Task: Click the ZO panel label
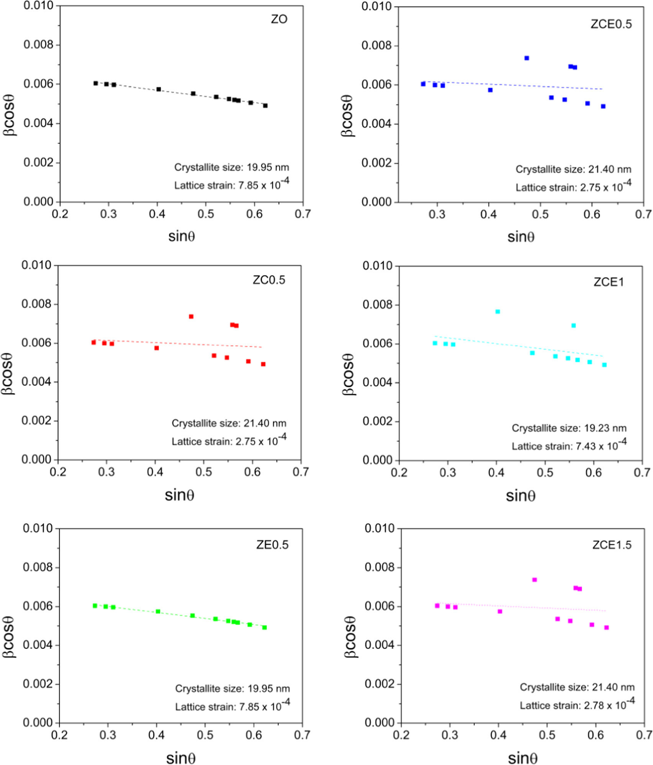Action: point(279,19)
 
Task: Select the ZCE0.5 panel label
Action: point(611,24)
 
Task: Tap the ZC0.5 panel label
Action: point(269,280)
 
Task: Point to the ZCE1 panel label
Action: point(609,282)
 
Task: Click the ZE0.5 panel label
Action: point(272,544)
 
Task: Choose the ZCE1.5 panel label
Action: point(612,545)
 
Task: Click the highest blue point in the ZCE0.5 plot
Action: point(527,58)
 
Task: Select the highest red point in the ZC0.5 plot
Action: point(191,316)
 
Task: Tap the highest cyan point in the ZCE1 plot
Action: point(497,312)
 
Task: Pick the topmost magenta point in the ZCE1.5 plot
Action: point(535,580)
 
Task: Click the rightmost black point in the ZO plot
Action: point(265,105)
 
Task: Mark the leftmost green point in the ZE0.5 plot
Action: point(95,606)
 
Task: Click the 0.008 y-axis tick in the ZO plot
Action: point(38,45)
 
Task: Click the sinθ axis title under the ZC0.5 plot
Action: point(179,495)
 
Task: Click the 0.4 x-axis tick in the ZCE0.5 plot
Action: point(489,214)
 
